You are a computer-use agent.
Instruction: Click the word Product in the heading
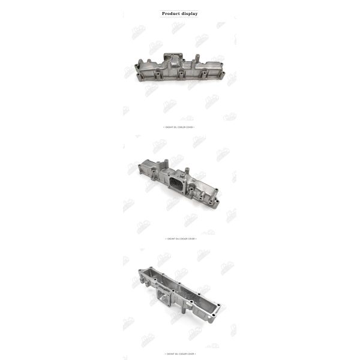tap(172, 13)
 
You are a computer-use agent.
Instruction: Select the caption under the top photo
tap(179, 127)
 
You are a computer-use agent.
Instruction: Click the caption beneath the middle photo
tap(179, 238)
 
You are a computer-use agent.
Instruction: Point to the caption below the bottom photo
tap(179, 353)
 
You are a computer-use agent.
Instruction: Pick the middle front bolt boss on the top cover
tap(180, 75)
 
